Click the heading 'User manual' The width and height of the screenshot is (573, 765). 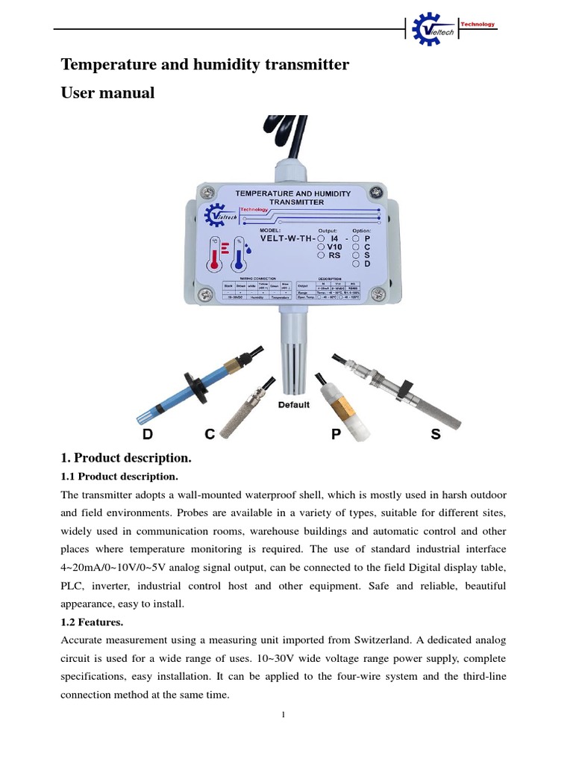click(x=107, y=93)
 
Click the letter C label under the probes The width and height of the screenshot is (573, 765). click(x=211, y=434)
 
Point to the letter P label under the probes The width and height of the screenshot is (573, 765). click(x=336, y=434)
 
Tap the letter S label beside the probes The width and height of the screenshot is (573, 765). click(x=436, y=434)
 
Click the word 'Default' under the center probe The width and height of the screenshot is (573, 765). click(x=294, y=405)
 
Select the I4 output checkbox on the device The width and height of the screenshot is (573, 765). click(x=322, y=238)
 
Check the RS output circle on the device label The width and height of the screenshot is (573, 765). click(x=322, y=255)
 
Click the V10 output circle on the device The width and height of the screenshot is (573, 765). click(x=322, y=247)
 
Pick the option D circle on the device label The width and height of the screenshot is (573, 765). click(x=357, y=264)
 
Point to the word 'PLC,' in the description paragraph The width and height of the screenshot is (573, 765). click(x=75, y=586)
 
